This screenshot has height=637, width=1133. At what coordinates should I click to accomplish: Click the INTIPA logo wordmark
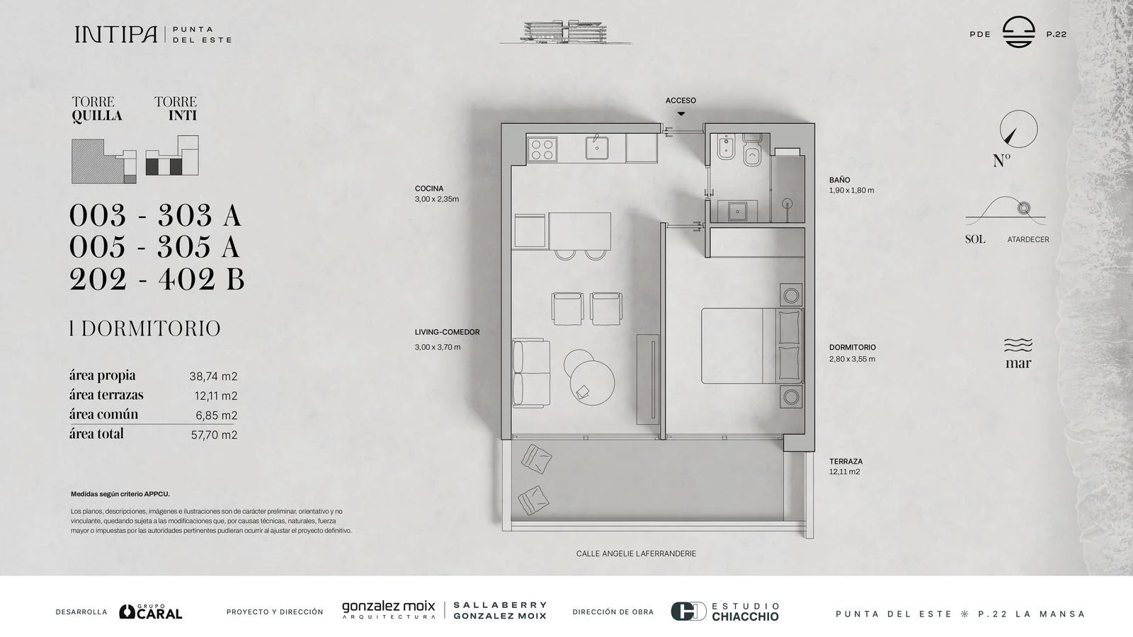[116, 35]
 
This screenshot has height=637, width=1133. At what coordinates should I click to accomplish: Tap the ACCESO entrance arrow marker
[681, 114]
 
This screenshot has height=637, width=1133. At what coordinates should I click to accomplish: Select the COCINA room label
[429, 188]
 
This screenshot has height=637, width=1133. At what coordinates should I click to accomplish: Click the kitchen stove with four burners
[542, 149]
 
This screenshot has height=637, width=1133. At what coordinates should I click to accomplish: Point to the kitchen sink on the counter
[597, 148]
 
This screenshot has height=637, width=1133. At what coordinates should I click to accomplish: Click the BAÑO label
[840, 180]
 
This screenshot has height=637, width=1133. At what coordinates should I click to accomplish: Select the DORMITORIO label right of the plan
[853, 348]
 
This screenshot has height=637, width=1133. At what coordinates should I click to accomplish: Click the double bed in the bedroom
[751, 346]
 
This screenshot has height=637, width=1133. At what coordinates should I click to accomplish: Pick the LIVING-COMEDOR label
[447, 332]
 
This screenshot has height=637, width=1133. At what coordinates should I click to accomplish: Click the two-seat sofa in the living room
[530, 373]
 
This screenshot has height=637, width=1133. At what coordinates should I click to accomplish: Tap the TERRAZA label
[846, 461]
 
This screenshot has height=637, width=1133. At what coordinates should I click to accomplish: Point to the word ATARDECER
[1027, 240]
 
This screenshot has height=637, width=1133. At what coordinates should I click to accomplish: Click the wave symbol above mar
[1018, 345]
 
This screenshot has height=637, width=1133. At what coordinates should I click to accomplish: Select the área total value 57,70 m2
[214, 435]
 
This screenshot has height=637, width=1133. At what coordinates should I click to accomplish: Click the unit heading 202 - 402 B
[156, 279]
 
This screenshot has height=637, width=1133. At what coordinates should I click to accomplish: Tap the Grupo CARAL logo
[151, 612]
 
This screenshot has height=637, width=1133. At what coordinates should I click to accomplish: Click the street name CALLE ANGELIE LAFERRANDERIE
[636, 553]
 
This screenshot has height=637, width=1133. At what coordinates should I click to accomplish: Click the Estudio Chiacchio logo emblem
[688, 612]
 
